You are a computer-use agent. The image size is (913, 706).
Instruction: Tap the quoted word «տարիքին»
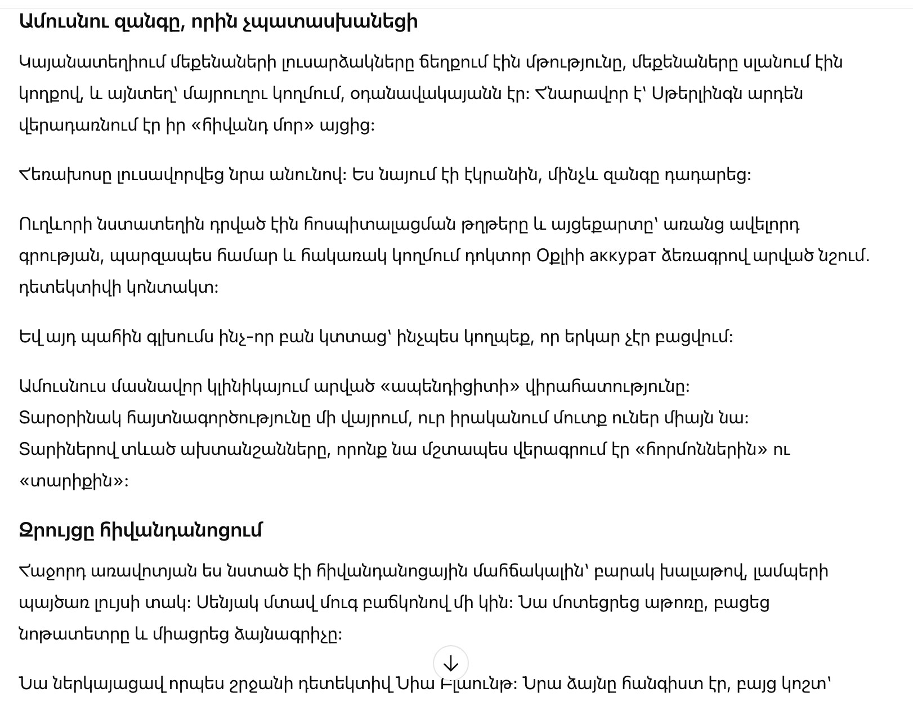pos(74,481)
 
